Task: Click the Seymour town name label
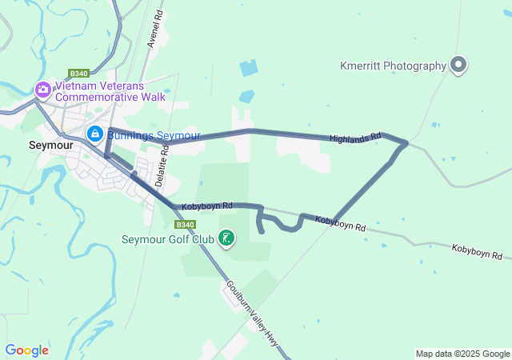click(x=50, y=146)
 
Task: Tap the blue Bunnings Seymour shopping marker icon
click(x=95, y=134)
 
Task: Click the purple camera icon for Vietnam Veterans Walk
click(x=42, y=90)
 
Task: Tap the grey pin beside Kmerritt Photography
click(x=458, y=65)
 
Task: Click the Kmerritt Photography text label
click(x=393, y=66)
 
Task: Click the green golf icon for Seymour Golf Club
click(x=227, y=238)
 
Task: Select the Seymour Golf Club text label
click(x=168, y=238)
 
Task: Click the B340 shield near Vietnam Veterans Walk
click(x=78, y=72)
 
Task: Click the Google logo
click(x=26, y=350)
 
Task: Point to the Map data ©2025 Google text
click(x=462, y=354)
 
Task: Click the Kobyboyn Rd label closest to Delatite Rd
click(x=206, y=206)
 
